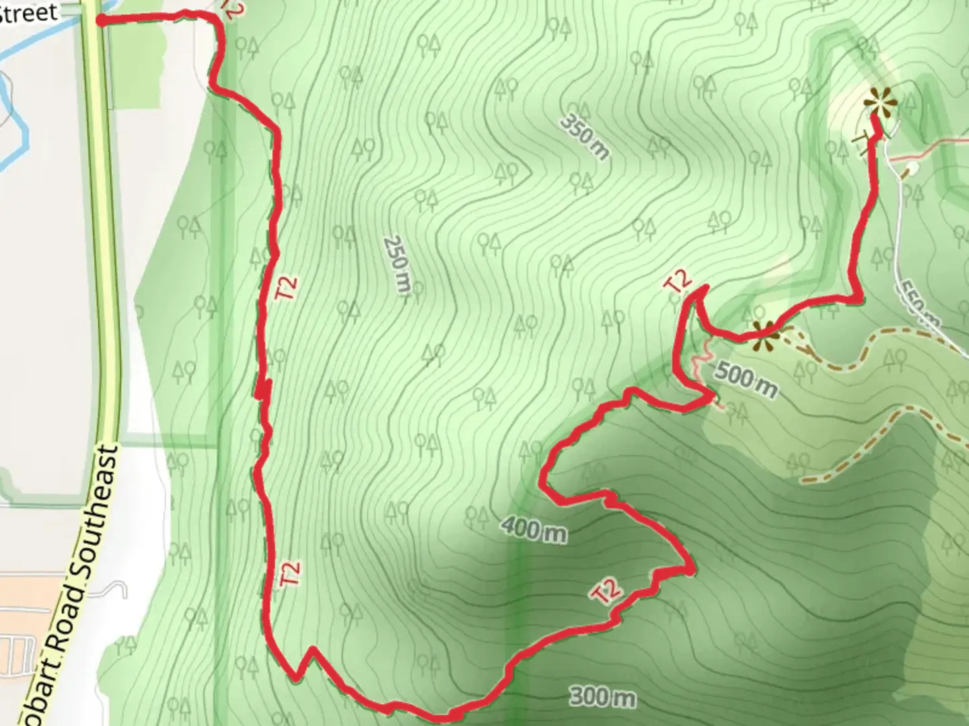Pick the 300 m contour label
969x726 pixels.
click(x=603, y=696)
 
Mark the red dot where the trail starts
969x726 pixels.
click(x=101, y=21)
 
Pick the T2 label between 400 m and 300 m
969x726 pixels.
click(x=607, y=590)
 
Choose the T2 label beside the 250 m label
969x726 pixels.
click(x=287, y=288)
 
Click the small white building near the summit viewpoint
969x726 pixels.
click(x=912, y=166)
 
